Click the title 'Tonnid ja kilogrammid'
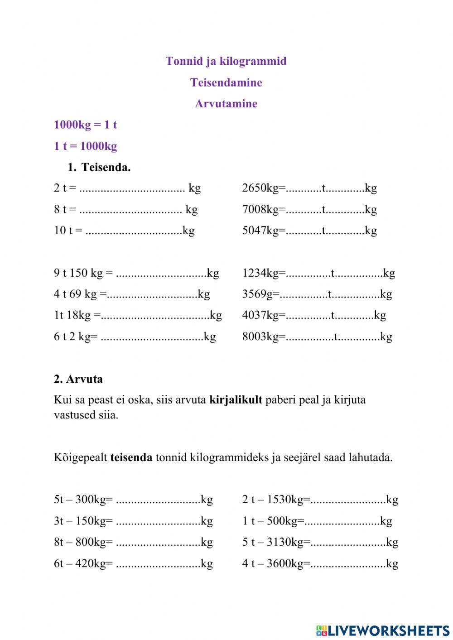tap(226, 61)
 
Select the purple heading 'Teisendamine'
tap(226, 82)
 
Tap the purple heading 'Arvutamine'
tap(226, 104)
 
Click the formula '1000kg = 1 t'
tap(85, 125)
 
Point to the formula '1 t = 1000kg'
tap(85, 146)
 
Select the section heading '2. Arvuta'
tap(78, 379)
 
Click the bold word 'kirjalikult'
tap(236, 400)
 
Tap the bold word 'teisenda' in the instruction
tap(131, 457)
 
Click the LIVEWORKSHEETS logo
tap(383, 630)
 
